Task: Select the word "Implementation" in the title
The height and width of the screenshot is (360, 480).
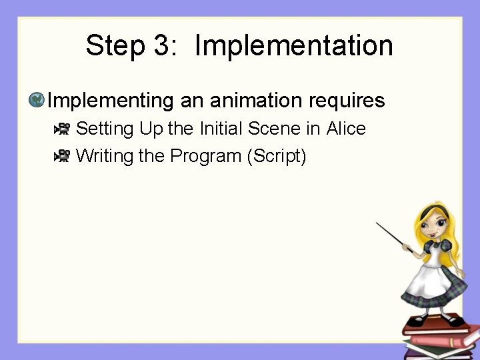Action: coord(293,46)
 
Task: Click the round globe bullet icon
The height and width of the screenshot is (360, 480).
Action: coord(37,100)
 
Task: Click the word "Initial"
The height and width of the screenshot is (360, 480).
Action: coord(222,128)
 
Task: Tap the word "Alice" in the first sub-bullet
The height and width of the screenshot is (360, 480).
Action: coord(346,128)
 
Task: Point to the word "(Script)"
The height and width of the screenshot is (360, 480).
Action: coord(277,156)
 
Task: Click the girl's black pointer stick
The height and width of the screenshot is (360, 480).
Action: coord(393,237)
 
